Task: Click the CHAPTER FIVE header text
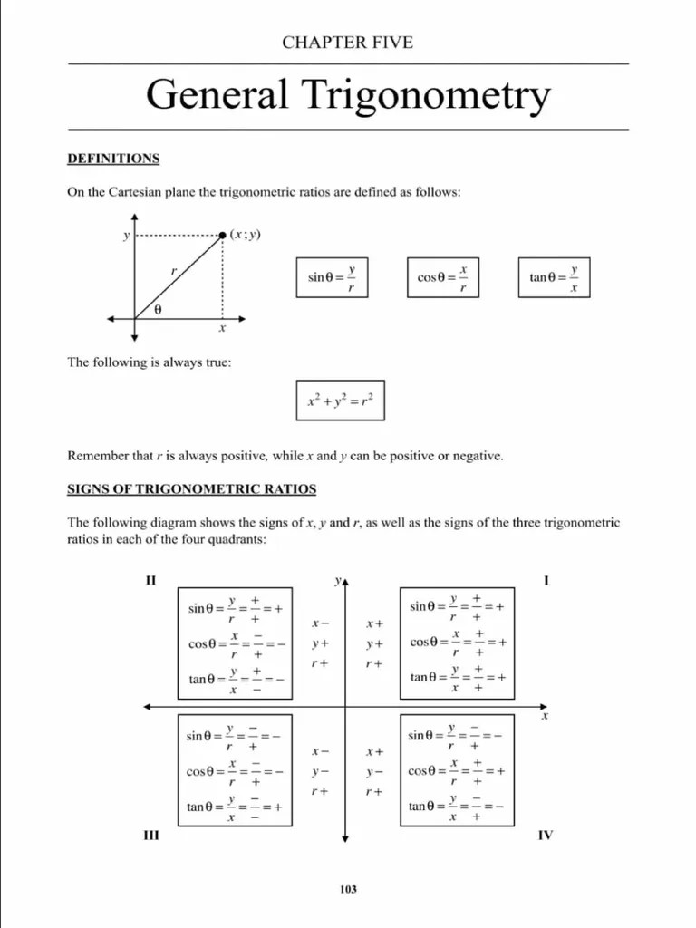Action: point(347,43)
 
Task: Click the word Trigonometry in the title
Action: point(430,95)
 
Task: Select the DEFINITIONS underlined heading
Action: point(113,159)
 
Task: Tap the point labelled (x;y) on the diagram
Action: point(224,236)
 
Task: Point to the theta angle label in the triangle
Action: point(158,309)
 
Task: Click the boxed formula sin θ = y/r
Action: point(333,276)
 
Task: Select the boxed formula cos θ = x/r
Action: point(443,276)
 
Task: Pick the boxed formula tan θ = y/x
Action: point(554,276)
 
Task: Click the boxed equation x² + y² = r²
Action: point(340,400)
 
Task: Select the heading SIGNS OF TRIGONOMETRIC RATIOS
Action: point(192,489)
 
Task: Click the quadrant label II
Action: point(151,580)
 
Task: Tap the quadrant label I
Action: point(546,580)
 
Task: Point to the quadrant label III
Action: point(151,835)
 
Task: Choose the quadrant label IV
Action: point(545,835)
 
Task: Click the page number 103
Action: point(348,889)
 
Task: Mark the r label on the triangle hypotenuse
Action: point(173,271)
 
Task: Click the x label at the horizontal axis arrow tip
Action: point(545,716)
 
